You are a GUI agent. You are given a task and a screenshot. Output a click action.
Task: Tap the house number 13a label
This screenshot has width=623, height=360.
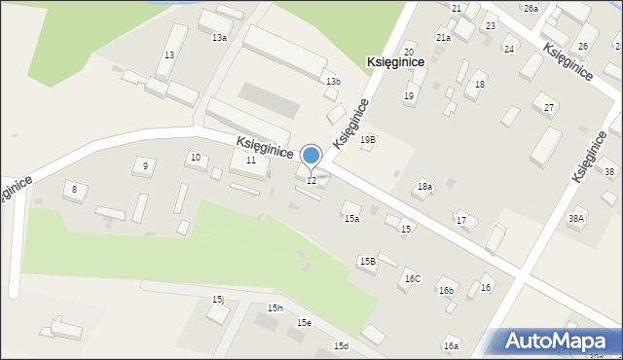pyautogui.click(x=220, y=38)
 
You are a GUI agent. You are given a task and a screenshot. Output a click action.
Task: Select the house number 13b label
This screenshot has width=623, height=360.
pyautogui.click(x=334, y=82)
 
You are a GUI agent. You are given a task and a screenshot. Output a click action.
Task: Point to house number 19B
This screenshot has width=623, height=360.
pyautogui.click(x=367, y=140)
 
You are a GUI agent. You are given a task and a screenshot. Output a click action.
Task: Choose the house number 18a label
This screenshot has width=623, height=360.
pyautogui.click(x=424, y=187)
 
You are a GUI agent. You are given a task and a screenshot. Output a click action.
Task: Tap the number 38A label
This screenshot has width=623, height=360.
pyautogui.click(x=576, y=219)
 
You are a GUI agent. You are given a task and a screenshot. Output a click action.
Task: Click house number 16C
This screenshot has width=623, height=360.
pyautogui.click(x=413, y=279)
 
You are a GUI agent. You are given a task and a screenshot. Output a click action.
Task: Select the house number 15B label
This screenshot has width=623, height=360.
pyautogui.click(x=367, y=261)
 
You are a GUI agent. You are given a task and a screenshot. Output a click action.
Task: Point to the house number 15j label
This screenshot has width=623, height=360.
pyautogui.click(x=218, y=300)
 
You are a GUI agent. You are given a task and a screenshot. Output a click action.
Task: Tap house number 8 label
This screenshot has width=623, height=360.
pyautogui.click(x=73, y=188)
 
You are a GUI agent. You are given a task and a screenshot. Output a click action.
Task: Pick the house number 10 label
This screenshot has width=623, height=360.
pyautogui.click(x=196, y=158)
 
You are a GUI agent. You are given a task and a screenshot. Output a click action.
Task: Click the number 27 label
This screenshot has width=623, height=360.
pyautogui.click(x=549, y=107)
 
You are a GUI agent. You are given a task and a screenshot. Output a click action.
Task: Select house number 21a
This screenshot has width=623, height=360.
pyautogui.click(x=443, y=38)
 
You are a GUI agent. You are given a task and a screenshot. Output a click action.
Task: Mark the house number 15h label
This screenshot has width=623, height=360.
pyautogui.click(x=275, y=308)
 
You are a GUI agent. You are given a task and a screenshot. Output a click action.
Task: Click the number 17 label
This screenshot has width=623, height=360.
pyautogui.click(x=461, y=221)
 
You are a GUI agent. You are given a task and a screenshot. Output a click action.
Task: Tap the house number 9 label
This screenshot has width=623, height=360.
pyautogui.click(x=145, y=166)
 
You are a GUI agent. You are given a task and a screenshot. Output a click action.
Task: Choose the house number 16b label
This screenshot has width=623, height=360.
pyautogui.click(x=446, y=291)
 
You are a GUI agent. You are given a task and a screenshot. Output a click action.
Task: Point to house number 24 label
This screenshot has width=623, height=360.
pyautogui.click(x=509, y=49)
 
